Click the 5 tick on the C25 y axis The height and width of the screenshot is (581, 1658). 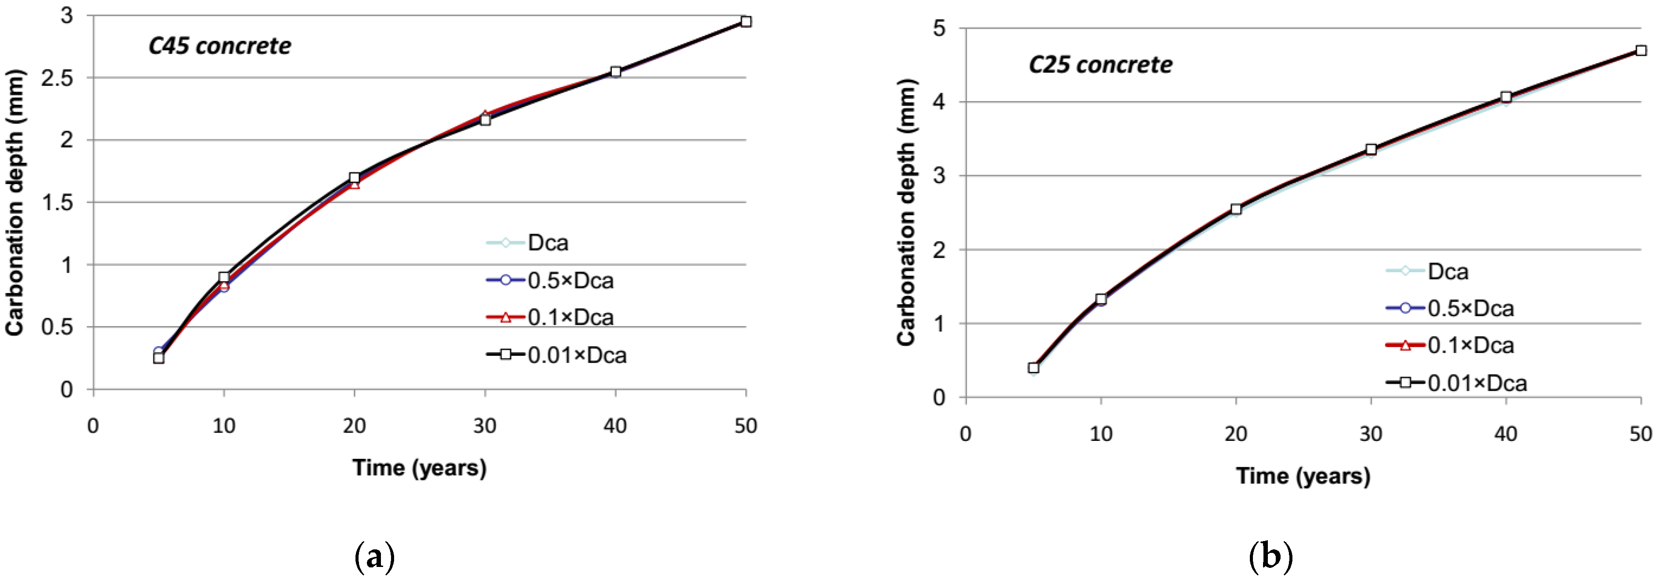coord(939,29)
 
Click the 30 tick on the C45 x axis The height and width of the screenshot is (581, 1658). coord(484,426)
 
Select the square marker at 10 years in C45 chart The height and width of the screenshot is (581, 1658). coord(224,277)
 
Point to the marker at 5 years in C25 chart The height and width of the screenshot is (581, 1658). coord(1034,368)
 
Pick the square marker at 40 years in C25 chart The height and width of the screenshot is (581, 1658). coord(1506,97)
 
